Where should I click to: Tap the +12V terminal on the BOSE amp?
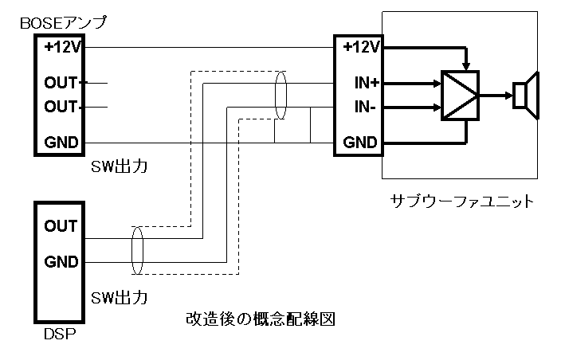tap(61, 47)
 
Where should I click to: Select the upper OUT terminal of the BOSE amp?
tap(61, 82)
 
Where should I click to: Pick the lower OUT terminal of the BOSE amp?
tap(61, 106)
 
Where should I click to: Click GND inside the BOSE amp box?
tap(61, 143)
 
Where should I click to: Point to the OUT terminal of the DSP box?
tap(61, 226)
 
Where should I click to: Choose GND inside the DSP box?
tap(61, 261)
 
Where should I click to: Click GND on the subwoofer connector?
tap(359, 143)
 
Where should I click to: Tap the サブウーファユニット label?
tap(462, 201)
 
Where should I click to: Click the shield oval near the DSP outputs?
tap(137, 248)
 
